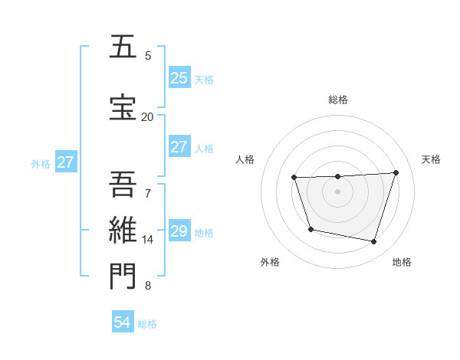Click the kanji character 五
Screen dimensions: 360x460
[x=123, y=47]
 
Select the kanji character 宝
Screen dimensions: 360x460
[x=123, y=107]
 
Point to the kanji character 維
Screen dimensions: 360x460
[x=123, y=230]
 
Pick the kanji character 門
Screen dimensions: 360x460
[x=123, y=276]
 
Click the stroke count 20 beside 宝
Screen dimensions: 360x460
[x=147, y=116]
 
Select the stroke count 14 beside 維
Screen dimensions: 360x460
[x=147, y=240]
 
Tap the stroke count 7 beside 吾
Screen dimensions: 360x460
[x=148, y=193]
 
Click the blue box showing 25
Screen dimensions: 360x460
[x=179, y=77]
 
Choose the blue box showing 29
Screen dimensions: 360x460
[x=179, y=231]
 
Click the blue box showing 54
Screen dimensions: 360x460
[x=123, y=322]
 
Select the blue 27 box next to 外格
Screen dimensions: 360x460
[x=65, y=162]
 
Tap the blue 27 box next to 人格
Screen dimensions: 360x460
[x=179, y=147]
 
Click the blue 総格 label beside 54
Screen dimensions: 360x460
[x=147, y=324]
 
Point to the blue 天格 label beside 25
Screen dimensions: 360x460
[x=204, y=79]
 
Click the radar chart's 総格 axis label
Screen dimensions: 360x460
[x=338, y=100]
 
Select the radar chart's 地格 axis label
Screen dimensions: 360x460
[x=402, y=263]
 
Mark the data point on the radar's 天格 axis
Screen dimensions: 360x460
[x=396, y=172]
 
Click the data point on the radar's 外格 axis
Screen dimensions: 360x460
[x=310, y=229]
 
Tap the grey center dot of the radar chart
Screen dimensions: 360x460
[x=337, y=191]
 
